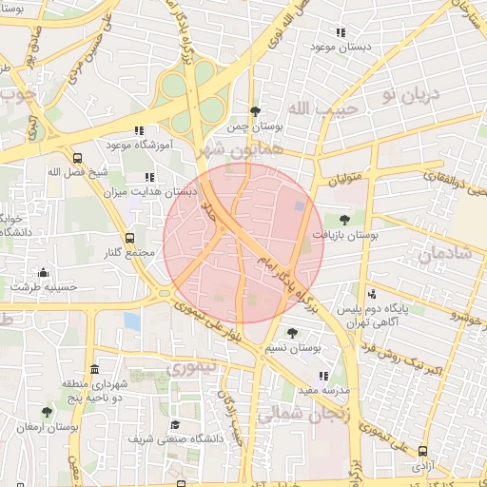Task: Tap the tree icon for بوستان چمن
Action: coord(254,111)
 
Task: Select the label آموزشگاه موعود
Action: coord(139,144)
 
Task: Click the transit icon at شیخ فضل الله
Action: coord(77,159)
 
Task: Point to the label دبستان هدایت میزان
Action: coord(146,191)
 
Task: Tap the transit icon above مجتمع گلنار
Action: coord(129,238)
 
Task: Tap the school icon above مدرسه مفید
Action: coord(323,376)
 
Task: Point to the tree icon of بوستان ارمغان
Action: coord(47,412)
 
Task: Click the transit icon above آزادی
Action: coord(422,452)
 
